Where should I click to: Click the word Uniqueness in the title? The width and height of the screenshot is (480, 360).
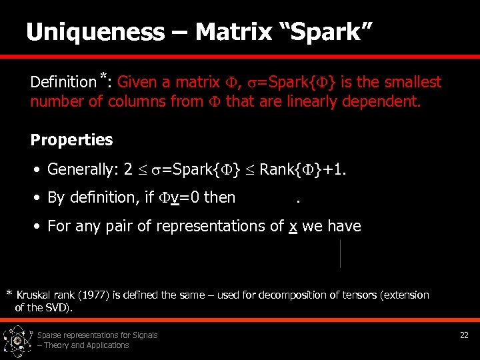[95, 31]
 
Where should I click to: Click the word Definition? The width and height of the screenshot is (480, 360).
[63, 83]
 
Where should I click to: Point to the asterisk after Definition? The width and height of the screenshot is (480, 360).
[104, 75]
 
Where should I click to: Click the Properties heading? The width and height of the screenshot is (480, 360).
[72, 140]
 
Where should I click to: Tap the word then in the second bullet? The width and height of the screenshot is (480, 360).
[219, 197]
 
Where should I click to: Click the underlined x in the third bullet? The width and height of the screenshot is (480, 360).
[292, 226]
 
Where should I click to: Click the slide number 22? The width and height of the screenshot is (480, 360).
[464, 335]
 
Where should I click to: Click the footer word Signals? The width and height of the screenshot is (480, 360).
[144, 335]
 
